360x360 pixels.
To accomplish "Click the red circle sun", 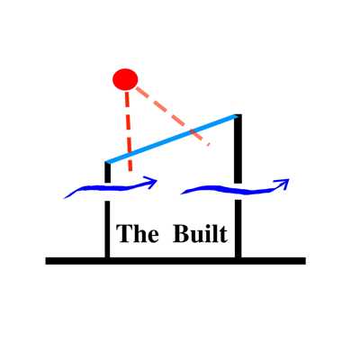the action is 125,79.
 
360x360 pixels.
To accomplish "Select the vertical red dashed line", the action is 129,131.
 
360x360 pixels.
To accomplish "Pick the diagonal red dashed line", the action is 173,116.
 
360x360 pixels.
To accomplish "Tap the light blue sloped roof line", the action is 172,139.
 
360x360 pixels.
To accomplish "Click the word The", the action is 138,233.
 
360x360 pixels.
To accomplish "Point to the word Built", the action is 200,233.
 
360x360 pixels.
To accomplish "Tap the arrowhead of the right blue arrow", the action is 284,182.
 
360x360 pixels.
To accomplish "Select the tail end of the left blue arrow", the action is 65,197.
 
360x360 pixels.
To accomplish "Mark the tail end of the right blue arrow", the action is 182,193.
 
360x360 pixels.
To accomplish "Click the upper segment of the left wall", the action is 107,173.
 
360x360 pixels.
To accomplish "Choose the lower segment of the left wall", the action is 107,229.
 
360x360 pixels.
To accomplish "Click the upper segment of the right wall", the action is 238,148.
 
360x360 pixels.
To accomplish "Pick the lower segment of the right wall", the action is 238,229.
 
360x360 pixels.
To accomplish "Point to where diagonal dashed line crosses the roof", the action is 193,131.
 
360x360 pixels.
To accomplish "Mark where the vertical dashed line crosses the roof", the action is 129,155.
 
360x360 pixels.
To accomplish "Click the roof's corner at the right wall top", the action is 238,115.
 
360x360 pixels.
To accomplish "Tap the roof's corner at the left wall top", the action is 107,163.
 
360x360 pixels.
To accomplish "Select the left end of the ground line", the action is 46,261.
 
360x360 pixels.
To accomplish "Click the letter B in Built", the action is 181,233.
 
